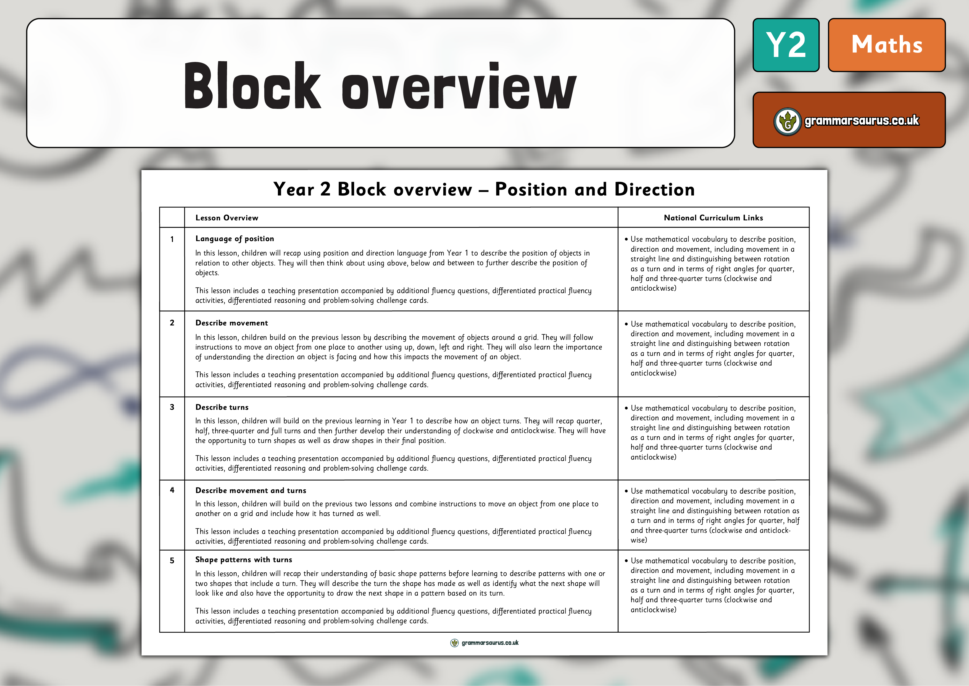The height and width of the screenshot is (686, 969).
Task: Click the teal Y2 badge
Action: [786, 45]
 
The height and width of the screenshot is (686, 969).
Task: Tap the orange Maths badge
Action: [886, 45]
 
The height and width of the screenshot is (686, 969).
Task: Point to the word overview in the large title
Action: [459, 89]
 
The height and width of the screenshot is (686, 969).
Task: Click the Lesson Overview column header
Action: [227, 218]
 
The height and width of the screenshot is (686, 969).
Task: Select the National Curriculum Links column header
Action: [713, 218]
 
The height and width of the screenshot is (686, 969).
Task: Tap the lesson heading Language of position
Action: [235, 239]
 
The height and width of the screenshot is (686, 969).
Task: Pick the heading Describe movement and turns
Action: [251, 491]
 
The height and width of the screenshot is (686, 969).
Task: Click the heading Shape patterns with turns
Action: [244, 560]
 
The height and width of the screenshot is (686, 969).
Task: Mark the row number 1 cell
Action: [172, 239]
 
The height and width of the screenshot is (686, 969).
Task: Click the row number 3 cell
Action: [172, 407]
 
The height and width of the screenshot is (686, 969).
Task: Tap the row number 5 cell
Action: [172, 560]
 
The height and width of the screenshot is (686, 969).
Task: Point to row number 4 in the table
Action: [172, 490]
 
